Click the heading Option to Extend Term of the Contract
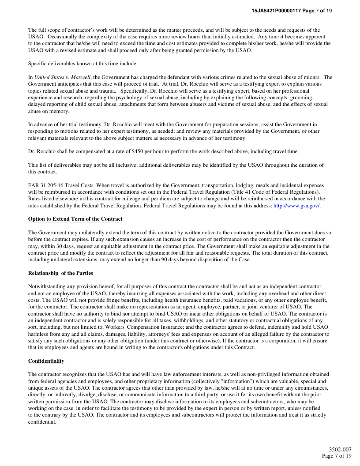point(75,219)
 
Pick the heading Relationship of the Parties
point(60,273)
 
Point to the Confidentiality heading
point(46,361)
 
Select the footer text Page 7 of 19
point(337,455)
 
